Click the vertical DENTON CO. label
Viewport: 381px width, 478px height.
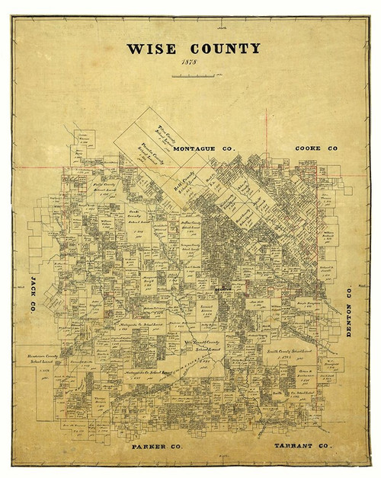pyautogui.click(x=348, y=312)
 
